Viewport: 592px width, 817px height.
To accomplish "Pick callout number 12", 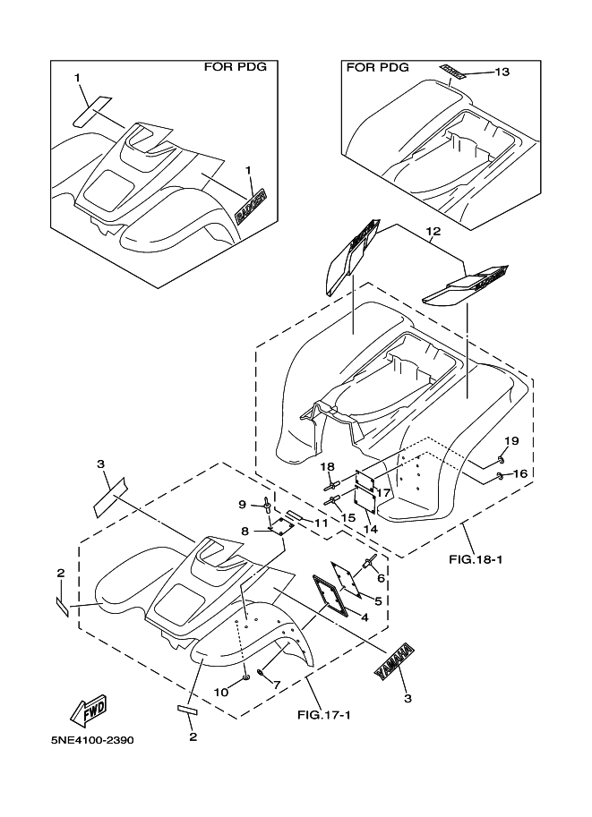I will click(x=433, y=231).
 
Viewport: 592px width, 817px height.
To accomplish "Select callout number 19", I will click(x=510, y=441).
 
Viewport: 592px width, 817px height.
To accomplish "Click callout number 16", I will click(x=519, y=472).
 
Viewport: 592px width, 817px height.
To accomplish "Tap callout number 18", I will click(x=328, y=467).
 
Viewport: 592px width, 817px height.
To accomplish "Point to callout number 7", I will click(x=277, y=685).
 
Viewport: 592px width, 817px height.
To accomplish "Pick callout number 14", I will click(x=370, y=529).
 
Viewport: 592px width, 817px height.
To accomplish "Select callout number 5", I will click(x=378, y=600).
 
